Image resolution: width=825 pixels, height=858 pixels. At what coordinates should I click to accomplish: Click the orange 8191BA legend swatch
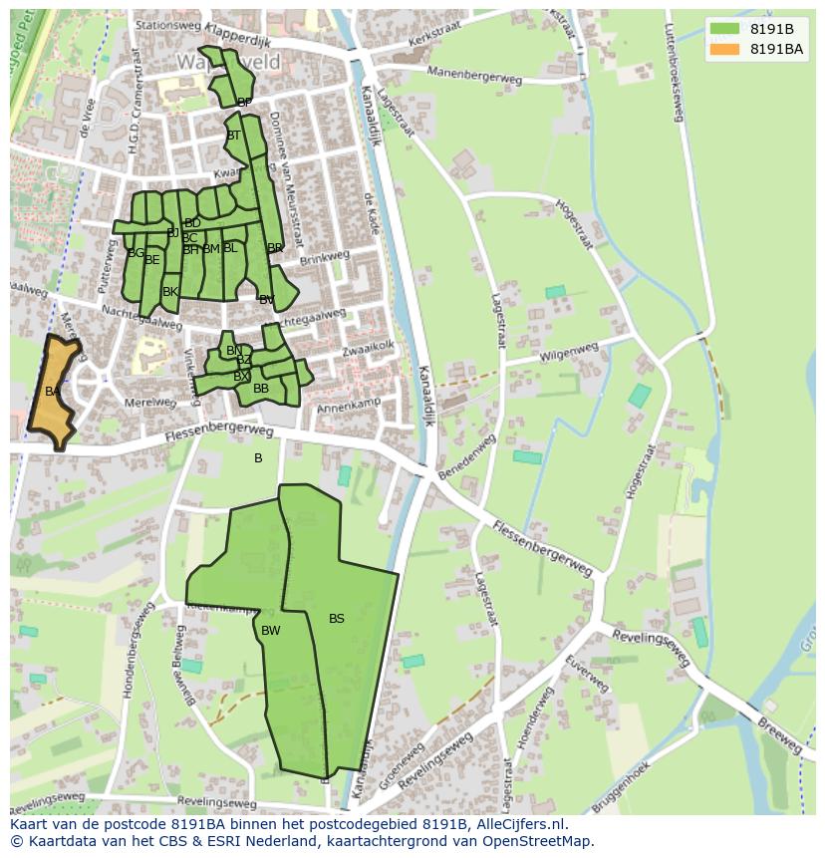coord(724,49)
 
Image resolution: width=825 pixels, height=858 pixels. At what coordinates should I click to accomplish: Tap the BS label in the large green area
coord(337,619)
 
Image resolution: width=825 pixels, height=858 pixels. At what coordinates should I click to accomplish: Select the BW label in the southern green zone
coord(271,631)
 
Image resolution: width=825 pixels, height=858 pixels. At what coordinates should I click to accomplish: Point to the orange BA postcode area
coord(53,392)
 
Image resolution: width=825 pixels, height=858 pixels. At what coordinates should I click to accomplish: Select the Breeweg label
coord(780,737)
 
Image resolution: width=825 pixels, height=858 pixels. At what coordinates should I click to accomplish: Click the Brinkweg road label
coord(325,256)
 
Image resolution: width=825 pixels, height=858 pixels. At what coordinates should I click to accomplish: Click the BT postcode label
coord(234,136)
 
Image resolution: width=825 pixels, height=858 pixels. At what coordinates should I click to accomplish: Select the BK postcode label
coord(170,292)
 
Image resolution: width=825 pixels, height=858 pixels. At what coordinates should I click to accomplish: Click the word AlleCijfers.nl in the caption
coord(520,824)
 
